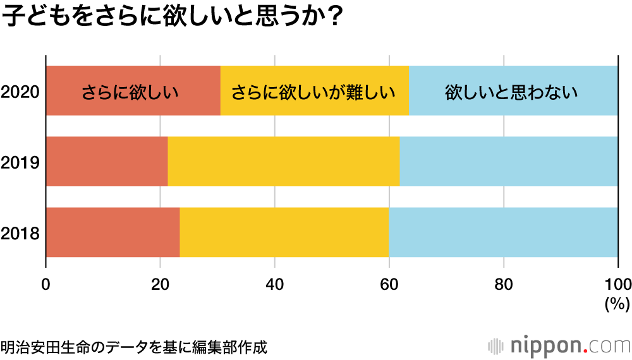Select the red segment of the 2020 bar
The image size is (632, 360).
click(x=133, y=91)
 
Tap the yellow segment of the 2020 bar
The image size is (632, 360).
click(x=314, y=91)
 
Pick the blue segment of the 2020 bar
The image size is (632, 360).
click(x=513, y=91)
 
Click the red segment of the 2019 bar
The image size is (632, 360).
click(x=107, y=162)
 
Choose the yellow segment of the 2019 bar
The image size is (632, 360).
click(x=283, y=162)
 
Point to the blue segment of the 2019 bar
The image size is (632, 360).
click(x=509, y=162)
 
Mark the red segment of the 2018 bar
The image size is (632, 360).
click(x=112, y=232)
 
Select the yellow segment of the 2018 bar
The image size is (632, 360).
click(x=284, y=232)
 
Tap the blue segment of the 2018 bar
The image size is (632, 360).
click(x=503, y=232)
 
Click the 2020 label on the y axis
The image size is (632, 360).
click(x=20, y=92)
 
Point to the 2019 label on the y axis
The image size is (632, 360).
click(x=20, y=163)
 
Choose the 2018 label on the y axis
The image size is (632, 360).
click(x=20, y=234)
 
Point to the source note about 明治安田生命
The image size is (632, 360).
click(x=134, y=347)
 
